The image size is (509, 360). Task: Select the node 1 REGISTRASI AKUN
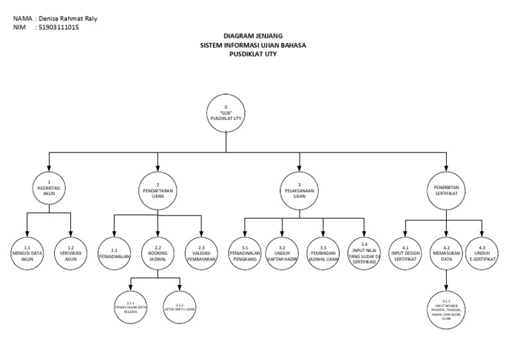pyautogui.click(x=48, y=188)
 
